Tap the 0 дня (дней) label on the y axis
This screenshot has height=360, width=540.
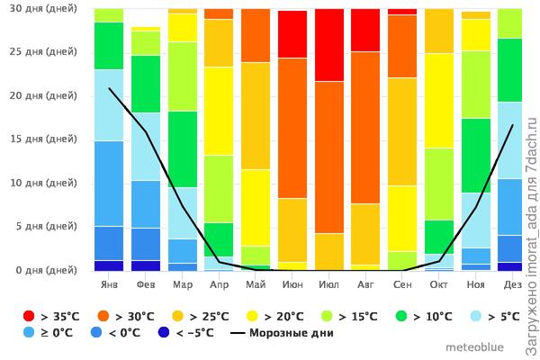[45, 270]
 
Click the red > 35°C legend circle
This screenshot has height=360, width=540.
[29, 315]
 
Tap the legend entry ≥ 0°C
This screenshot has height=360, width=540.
[54, 333]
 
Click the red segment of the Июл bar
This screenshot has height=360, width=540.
[329, 45]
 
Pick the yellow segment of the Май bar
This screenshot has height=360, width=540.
[256, 207]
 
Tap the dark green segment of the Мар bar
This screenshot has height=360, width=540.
[182, 148]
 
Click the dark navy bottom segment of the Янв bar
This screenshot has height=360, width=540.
[109, 265]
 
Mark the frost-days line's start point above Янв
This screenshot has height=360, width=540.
[109, 87]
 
